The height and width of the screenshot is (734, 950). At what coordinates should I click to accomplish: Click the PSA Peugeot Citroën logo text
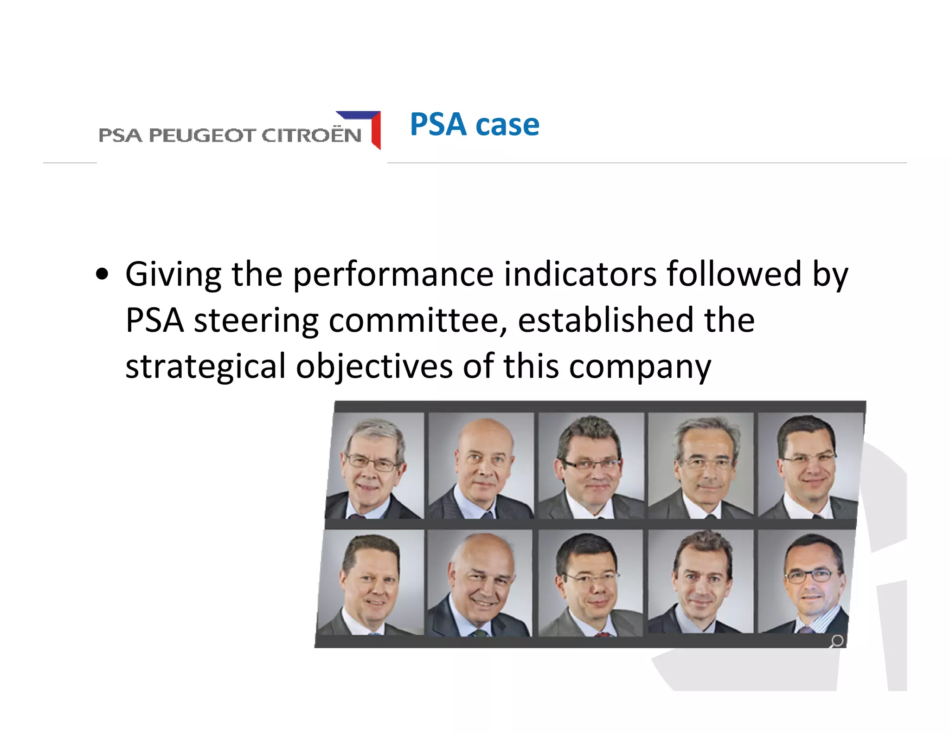(230, 135)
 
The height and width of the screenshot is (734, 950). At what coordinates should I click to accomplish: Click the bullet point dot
(102, 274)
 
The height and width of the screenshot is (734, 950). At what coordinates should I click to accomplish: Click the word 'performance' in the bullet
(393, 274)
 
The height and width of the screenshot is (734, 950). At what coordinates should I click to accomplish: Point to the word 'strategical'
(205, 367)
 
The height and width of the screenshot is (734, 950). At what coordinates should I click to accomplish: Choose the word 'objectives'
(374, 367)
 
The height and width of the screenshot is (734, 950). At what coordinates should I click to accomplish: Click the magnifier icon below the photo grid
(836, 641)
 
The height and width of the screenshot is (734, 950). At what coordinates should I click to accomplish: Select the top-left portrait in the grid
(375, 466)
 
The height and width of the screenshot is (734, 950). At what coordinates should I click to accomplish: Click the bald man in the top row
(481, 466)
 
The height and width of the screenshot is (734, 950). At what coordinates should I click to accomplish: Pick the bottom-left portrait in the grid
(371, 583)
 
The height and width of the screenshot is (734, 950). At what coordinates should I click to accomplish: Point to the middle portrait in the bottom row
(590, 583)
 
